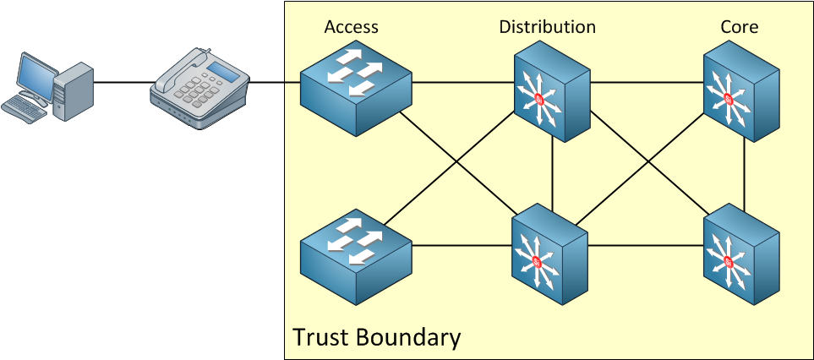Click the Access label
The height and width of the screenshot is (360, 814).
(351, 27)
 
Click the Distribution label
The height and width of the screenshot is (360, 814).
(547, 27)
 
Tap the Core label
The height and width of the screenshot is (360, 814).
(740, 27)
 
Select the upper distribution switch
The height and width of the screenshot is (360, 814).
(552, 96)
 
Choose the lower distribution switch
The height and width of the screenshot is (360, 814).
(549, 254)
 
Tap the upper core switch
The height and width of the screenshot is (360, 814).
(741, 96)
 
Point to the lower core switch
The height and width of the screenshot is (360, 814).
(741, 254)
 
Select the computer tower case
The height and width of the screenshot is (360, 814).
(74, 92)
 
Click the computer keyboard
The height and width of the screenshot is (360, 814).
(22, 110)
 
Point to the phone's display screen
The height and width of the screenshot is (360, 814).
(223, 73)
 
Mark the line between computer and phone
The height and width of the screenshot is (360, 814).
(124, 82)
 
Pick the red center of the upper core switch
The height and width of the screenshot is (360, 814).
(728, 99)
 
